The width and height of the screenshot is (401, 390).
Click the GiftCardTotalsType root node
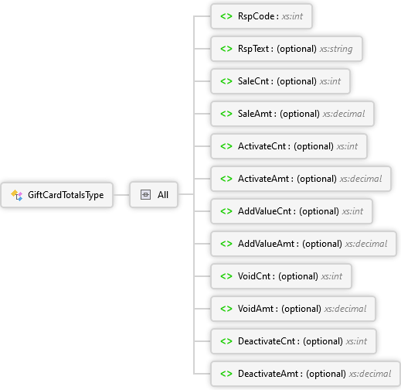pos(57,195)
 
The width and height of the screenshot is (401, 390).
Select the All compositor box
pos(154,195)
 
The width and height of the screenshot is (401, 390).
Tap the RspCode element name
pos(256,16)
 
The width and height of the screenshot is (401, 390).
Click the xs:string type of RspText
pos(336,49)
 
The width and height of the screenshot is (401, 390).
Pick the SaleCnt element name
pos(253,81)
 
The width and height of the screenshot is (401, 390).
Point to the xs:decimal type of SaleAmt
pos(344,114)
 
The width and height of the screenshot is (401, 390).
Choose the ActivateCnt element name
pos(262,146)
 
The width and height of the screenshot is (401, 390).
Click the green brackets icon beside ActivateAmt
pos(226,179)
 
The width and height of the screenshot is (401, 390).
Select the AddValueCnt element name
pos(264,211)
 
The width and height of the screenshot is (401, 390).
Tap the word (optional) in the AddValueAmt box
pos(322,244)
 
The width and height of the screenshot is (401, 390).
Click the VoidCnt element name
pos(254,276)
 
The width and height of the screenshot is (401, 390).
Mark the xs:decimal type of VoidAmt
pos(345,309)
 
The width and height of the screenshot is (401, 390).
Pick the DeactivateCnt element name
pos(267,341)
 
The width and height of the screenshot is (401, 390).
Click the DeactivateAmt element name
pos(268,374)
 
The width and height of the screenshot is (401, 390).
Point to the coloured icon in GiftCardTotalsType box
pos(17,195)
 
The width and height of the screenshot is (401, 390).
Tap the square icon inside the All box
pos(145,195)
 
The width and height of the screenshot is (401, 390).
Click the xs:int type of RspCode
pos(292,16)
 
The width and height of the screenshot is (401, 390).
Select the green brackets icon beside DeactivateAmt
pos(226,374)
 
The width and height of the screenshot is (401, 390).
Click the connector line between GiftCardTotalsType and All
pos(121,195)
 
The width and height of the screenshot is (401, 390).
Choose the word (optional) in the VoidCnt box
pos(298,276)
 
